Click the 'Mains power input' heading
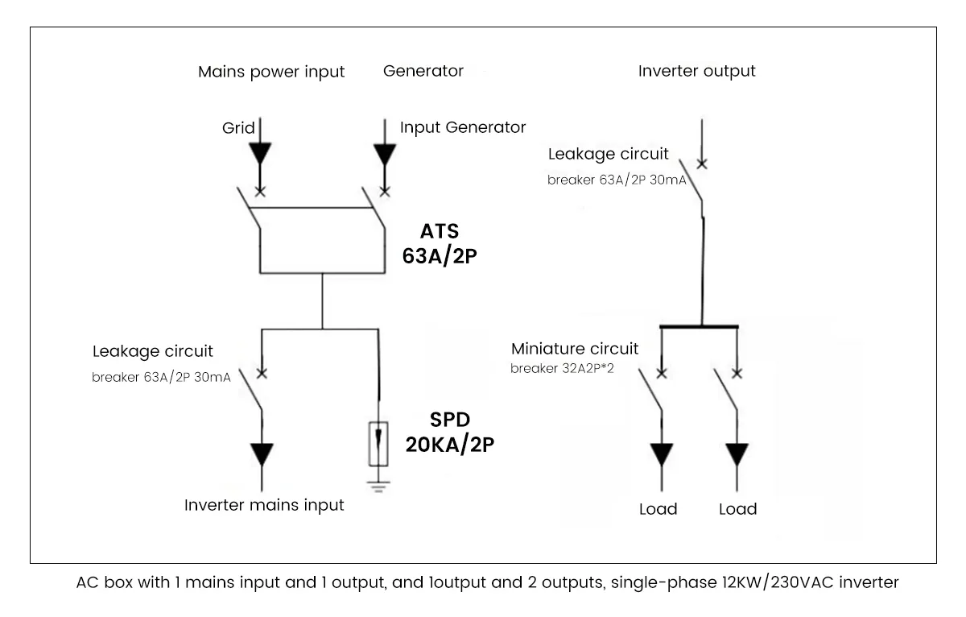271,72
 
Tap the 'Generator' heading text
423,71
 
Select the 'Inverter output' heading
697,71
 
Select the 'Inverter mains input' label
264,506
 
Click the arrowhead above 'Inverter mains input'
262,455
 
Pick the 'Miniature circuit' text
575,349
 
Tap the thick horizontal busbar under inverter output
700,326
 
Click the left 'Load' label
658,509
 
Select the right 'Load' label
737,509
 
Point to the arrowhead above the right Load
737,455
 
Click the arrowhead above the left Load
662,455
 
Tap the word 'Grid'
238,127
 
